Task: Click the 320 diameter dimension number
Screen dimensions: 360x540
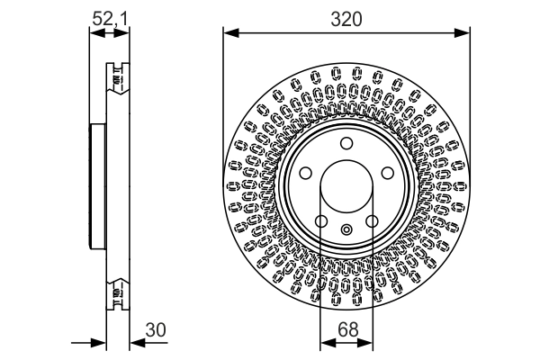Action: (346, 18)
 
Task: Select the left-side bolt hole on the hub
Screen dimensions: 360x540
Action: (305, 173)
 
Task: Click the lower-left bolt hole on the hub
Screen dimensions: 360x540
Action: (320, 221)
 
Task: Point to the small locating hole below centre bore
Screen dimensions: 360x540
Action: (346, 230)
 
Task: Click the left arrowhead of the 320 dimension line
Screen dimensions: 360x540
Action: (229, 34)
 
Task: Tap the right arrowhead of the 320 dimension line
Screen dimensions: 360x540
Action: (463, 34)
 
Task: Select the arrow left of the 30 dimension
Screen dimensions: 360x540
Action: (99, 342)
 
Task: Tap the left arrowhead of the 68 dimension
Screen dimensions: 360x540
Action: (326, 342)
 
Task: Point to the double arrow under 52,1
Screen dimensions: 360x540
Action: (108, 34)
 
